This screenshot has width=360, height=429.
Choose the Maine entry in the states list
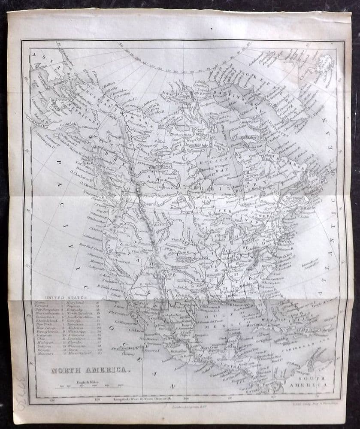click(36, 303)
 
